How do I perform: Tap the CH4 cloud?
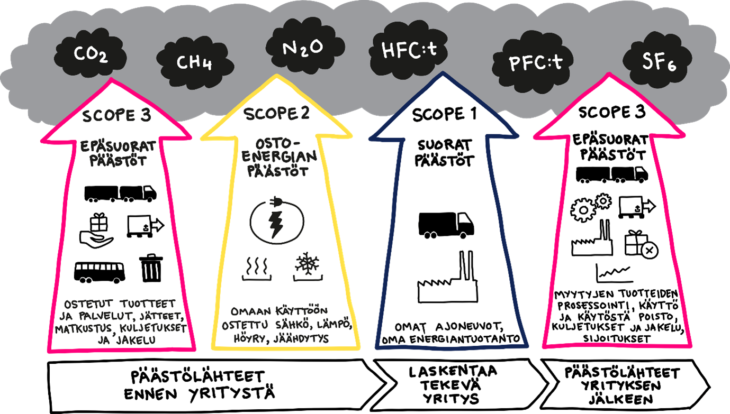[x=195, y=63]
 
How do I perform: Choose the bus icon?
[x=100, y=272]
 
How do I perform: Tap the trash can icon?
[x=151, y=268]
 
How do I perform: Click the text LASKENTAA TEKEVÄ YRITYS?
[x=453, y=384]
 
